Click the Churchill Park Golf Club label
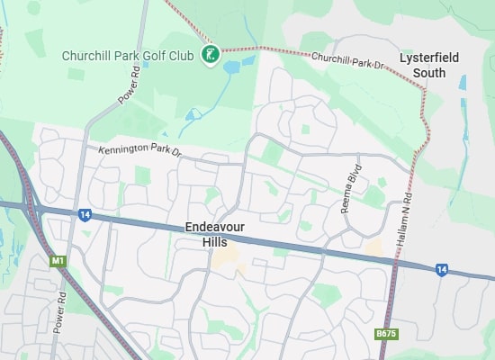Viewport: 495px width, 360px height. coord(127,56)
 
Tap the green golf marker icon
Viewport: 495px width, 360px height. coord(210,56)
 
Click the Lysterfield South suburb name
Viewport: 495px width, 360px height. coord(428,65)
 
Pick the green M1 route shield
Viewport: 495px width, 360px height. coord(58,262)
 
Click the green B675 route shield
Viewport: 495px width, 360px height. coord(385,334)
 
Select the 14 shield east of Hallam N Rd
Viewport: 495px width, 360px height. coord(441,269)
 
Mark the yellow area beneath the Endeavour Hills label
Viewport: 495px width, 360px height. coord(226,260)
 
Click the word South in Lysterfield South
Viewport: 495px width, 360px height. coord(428,72)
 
